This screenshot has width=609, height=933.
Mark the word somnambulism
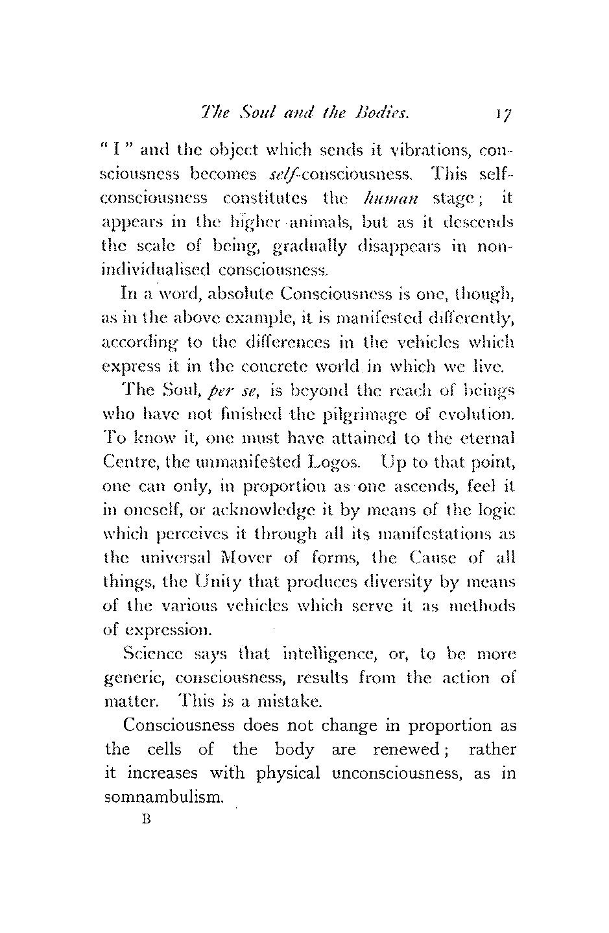click(x=163, y=797)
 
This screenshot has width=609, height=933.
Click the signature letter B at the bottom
click(x=145, y=819)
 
